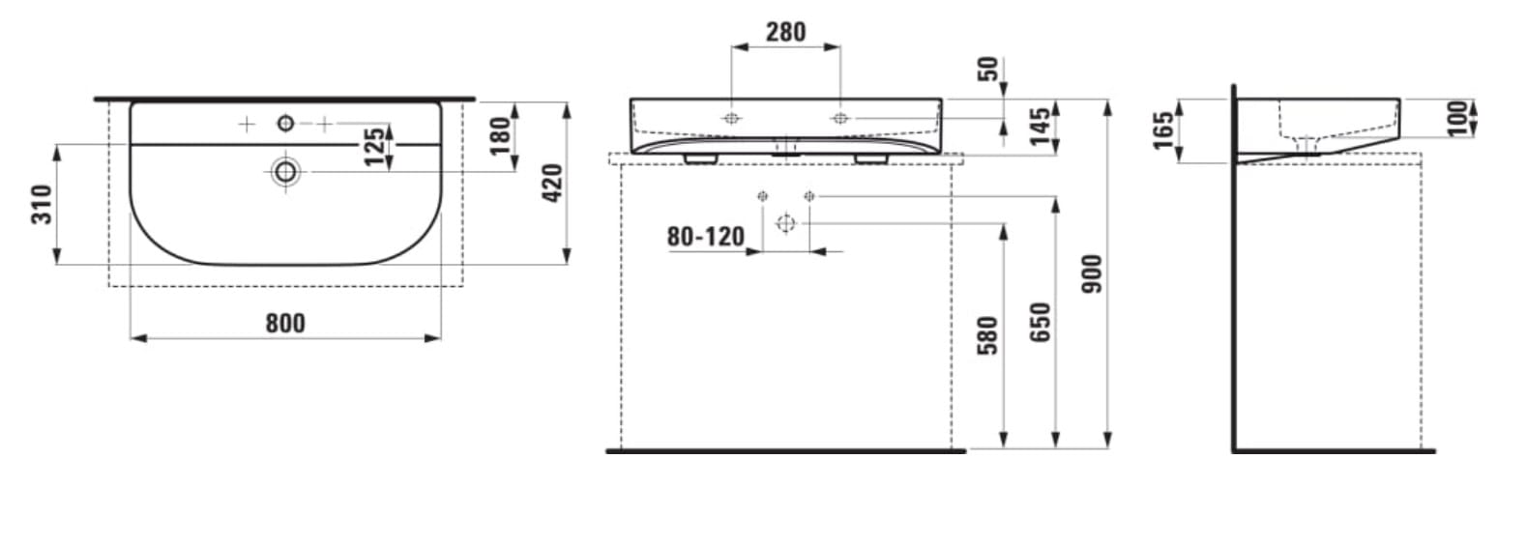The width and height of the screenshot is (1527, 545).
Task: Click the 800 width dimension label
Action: click(x=285, y=323)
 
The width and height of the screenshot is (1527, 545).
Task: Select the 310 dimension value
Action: click(x=42, y=204)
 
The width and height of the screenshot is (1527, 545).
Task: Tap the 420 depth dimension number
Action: click(x=551, y=183)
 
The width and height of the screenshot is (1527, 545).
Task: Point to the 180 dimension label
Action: click(x=500, y=135)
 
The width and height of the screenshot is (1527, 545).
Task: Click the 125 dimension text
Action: click(x=374, y=146)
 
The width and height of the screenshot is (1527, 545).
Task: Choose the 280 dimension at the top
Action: click(x=785, y=32)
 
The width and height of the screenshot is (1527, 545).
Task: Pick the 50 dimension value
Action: click(x=987, y=70)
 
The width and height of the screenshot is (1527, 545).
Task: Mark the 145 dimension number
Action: click(x=1041, y=127)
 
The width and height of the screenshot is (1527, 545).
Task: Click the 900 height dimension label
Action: click(x=1092, y=273)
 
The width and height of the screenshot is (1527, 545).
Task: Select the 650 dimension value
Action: click(x=1041, y=322)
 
